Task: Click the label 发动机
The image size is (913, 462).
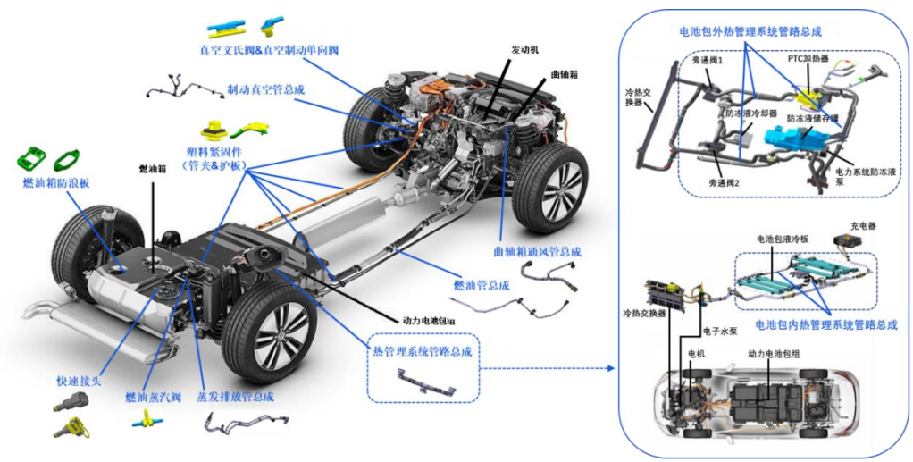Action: click(524, 50)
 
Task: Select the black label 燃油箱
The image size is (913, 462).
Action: click(153, 168)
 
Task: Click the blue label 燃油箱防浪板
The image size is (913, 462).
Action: click(56, 182)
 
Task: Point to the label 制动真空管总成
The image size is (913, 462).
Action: click(266, 90)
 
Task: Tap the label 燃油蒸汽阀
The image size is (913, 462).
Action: click(154, 396)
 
